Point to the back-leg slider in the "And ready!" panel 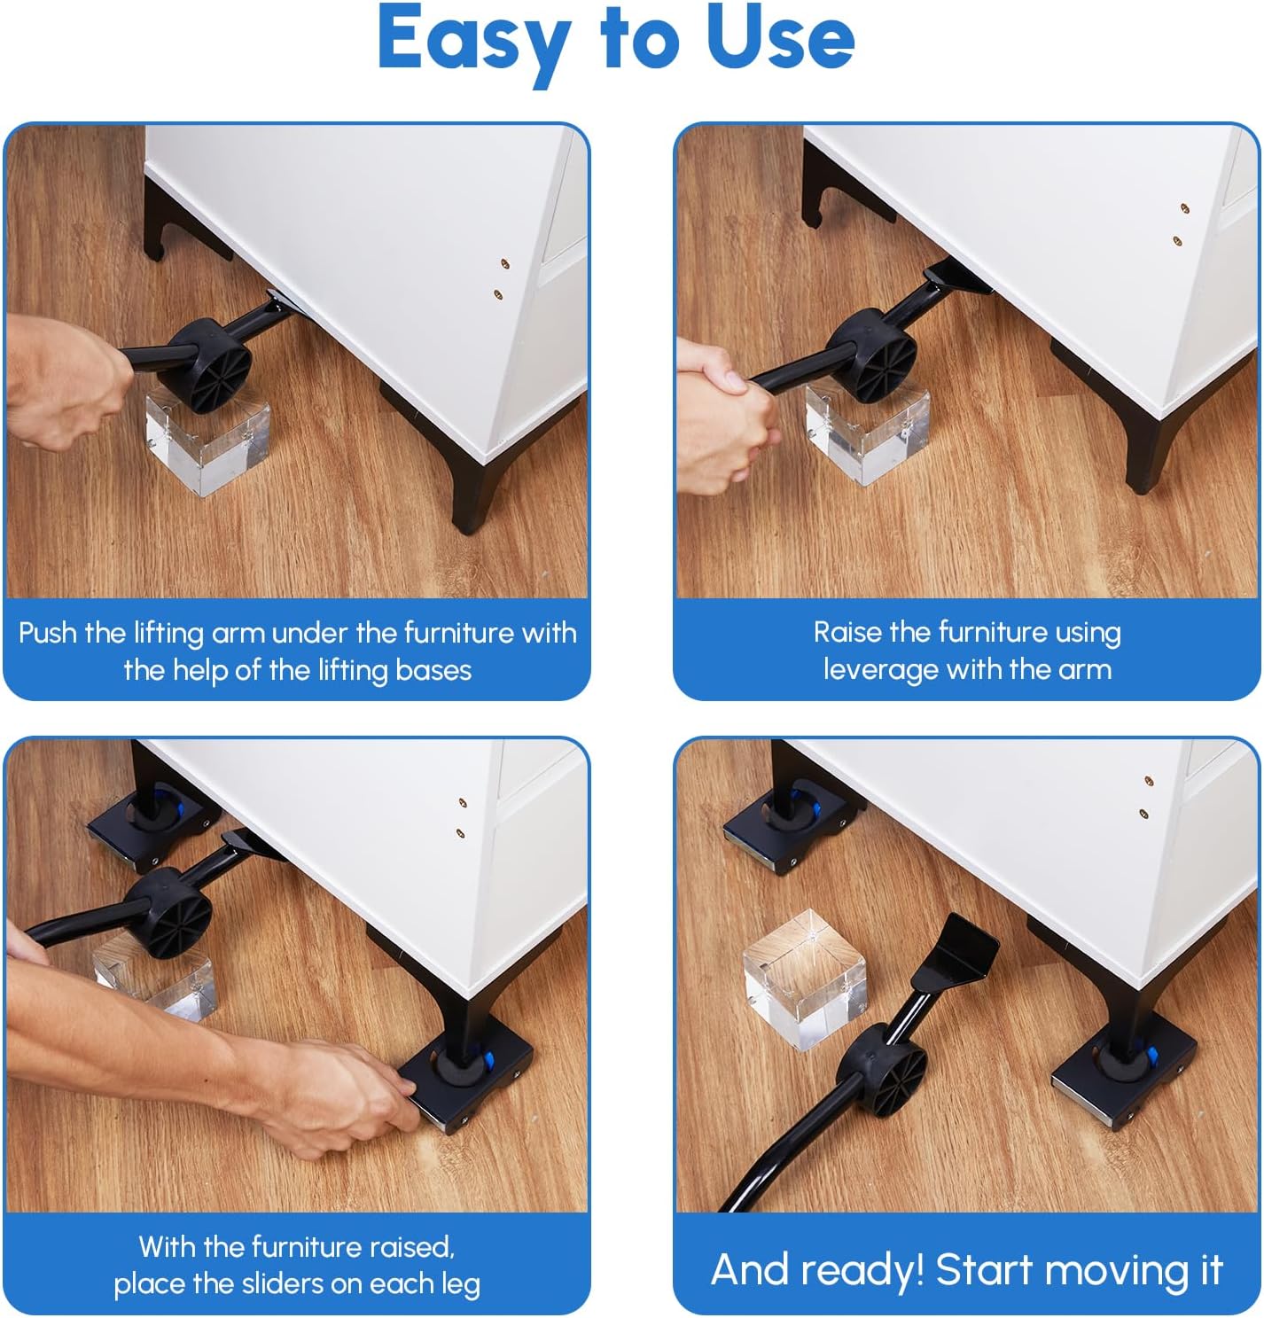click(x=789, y=824)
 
